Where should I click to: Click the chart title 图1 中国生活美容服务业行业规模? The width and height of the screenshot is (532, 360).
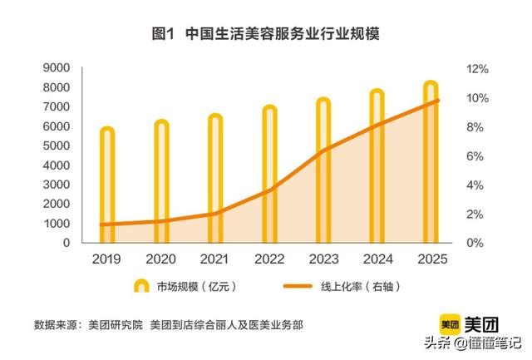click(x=266, y=34)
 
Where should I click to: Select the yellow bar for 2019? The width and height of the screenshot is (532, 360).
click(x=106, y=187)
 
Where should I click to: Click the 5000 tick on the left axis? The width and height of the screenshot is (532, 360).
click(x=56, y=146)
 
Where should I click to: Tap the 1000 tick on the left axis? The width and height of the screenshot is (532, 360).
click(x=56, y=224)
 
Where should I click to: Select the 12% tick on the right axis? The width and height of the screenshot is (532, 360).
click(x=476, y=69)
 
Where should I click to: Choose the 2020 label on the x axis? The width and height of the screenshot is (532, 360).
click(x=160, y=259)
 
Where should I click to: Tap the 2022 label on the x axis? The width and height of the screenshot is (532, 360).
click(x=268, y=259)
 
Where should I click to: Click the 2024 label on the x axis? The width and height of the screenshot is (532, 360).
click(x=377, y=259)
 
